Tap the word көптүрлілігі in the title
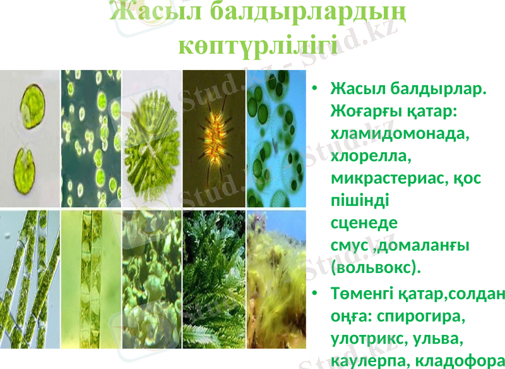pos(253,45)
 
